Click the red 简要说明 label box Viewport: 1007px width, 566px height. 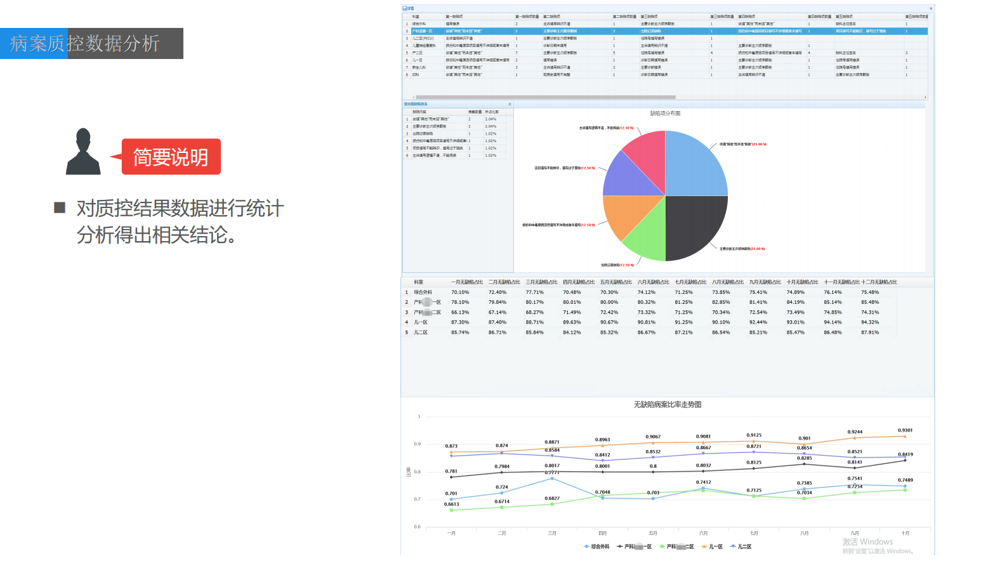coord(171,157)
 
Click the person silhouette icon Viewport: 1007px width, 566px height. coord(83,152)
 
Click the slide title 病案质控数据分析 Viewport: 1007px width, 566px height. coord(85,44)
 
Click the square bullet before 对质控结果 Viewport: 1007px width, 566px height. coord(60,207)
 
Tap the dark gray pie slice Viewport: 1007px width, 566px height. coord(695,225)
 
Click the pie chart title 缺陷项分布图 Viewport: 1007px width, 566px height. coord(665,114)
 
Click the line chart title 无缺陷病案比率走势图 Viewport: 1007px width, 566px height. coord(667,405)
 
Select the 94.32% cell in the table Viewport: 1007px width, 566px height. coord(870,322)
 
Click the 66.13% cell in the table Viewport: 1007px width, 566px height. coord(460,312)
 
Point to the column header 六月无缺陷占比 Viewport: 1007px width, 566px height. coord(654,282)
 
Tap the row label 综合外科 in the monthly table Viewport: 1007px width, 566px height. coord(423,293)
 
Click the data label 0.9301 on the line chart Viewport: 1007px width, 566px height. coord(905,430)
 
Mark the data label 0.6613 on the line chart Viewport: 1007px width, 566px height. coord(451,504)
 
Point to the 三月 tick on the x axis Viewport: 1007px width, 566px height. coord(552,533)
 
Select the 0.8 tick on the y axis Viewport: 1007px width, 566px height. coord(418,471)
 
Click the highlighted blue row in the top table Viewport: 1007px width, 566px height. coord(665,31)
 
